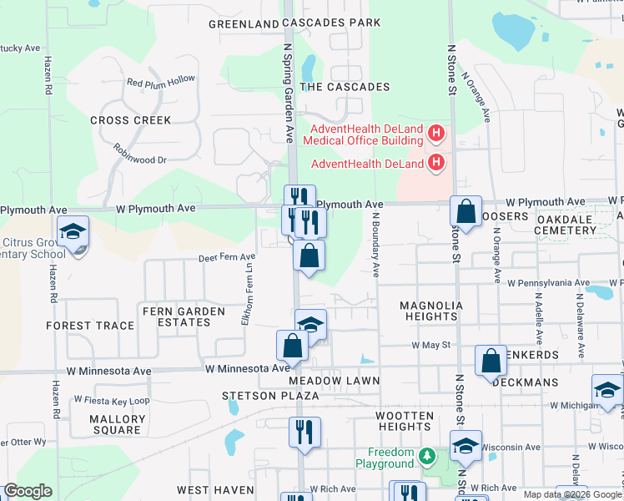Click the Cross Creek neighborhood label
[x=130, y=120]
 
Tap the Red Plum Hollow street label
[x=161, y=82]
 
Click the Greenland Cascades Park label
[x=289, y=23]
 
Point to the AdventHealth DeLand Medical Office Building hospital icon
[x=434, y=134]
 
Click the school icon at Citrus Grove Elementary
[x=73, y=231]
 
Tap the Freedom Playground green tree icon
[x=427, y=457]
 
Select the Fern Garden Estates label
[x=184, y=317]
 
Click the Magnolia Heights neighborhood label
[x=430, y=311]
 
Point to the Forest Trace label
[x=90, y=326]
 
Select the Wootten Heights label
[x=404, y=421]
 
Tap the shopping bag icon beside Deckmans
[x=491, y=361]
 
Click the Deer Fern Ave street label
[x=226, y=257]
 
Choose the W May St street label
[x=430, y=344]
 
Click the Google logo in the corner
[x=28, y=491]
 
